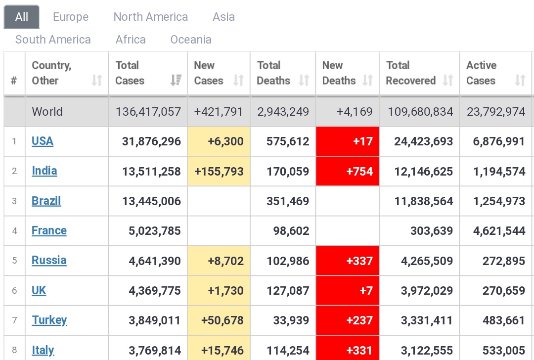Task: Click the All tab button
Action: click(21, 17)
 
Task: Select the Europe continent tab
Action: click(71, 17)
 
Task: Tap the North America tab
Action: click(150, 17)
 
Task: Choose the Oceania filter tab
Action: click(191, 40)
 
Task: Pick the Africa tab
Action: click(131, 40)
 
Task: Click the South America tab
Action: click(53, 40)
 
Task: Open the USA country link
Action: click(42, 141)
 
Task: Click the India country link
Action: click(44, 171)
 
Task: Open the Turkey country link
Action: click(49, 320)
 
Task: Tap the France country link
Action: click(49, 230)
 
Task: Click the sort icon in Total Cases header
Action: click(176, 81)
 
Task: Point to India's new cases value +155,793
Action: click(219, 171)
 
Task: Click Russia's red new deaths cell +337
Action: click(348, 261)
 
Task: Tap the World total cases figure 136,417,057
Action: click(148, 112)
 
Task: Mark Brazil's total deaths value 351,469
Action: click(288, 201)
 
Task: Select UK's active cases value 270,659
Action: click(504, 290)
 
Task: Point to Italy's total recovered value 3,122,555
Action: click(427, 351)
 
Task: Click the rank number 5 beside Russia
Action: click(14, 261)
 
